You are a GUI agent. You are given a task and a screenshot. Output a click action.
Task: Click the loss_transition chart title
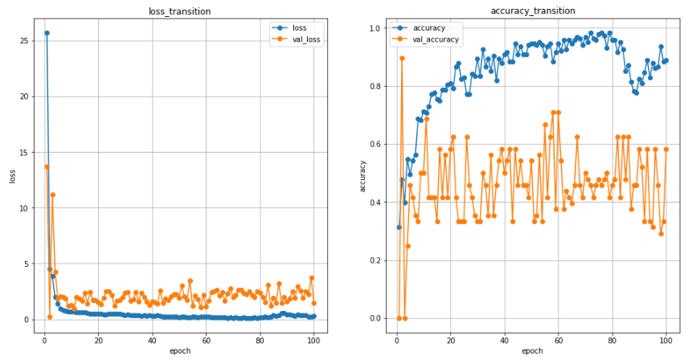(180, 11)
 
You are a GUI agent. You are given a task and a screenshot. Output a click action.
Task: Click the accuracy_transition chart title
(532, 11)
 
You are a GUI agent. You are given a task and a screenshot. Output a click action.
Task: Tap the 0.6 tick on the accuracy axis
(372, 145)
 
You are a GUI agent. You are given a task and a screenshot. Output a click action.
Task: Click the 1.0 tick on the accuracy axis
(372, 28)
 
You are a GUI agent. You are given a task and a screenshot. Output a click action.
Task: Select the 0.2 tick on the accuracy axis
(372, 260)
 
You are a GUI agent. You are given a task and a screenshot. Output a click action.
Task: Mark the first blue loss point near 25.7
(47, 33)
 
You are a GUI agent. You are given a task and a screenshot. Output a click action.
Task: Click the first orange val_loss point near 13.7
(47, 166)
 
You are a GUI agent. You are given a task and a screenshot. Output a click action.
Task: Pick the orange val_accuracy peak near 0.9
(402, 58)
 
